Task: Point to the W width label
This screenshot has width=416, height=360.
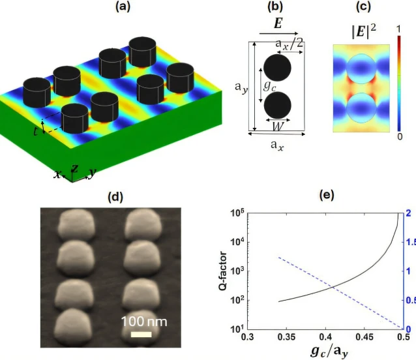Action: coord(277,122)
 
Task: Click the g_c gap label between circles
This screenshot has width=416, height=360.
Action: coord(267,85)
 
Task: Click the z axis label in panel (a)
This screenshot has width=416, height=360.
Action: coord(74,169)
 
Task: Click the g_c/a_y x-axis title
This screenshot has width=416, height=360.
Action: coord(326,351)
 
